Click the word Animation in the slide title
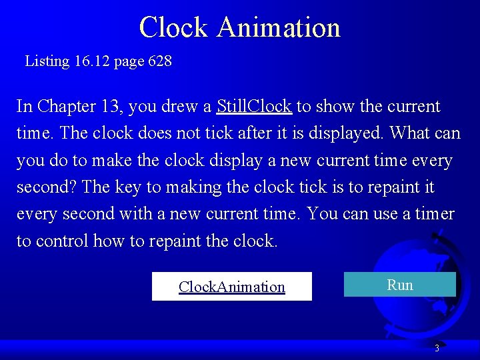coord(279,27)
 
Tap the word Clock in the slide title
coord(174,27)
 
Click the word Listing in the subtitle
coord(47,61)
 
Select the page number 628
coord(159,61)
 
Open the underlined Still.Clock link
coord(254,106)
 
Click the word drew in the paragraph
coord(180,106)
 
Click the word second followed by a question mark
coord(43,187)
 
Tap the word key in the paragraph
coord(127,187)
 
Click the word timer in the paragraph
coord(434,214)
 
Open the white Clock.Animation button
coord(231,287)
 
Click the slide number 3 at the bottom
coord(437,348)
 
